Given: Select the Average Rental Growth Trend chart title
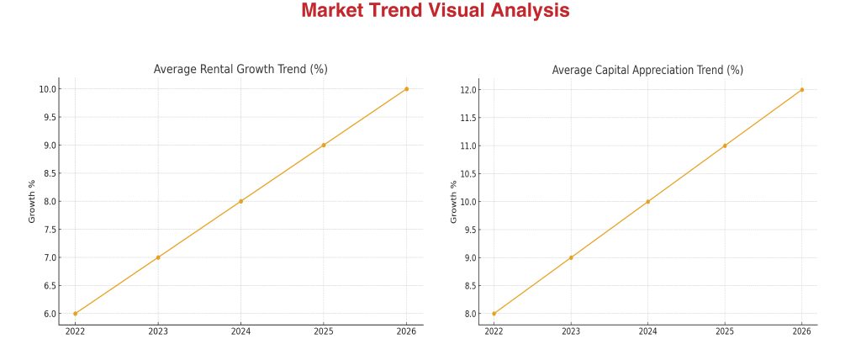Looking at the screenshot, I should [x=240, y=69].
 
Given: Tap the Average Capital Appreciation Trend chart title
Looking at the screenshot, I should [x=647, y=70].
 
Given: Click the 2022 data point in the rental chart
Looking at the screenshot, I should [x=75, y=314].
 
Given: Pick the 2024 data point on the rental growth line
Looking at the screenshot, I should [x=240, y=201].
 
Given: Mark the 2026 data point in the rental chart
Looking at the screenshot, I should [x=406, y=89].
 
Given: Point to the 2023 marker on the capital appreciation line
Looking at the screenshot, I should [x=571, y=257].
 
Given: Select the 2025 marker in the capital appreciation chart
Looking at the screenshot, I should [x=725, y=146].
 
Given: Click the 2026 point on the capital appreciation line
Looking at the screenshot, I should [x=801, y=89].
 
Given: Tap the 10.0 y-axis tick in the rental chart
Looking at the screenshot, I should [x=47, y=89].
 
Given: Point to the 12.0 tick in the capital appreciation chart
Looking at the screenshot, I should [x=468, y=89].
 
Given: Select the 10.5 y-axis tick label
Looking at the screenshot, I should [x=468, y=174].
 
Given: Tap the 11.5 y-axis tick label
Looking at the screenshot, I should [x=468, y=118].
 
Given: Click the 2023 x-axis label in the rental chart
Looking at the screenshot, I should [x=158, y=332].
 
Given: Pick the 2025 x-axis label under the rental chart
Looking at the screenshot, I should [x=324, y=332].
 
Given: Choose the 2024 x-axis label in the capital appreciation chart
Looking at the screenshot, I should [x=647, y=332].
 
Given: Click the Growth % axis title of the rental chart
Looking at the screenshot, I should [x=33, y=201].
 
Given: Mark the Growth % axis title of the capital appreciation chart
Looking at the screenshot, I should [x=453, y=201].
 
